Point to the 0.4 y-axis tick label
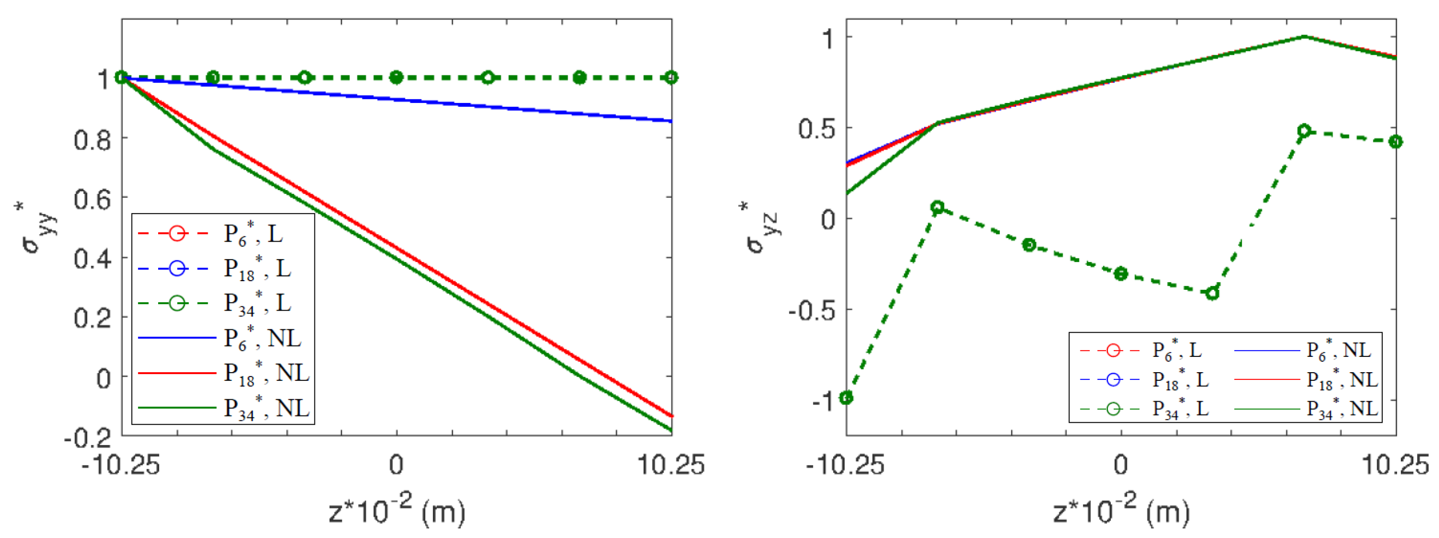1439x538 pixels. pyautogui.click(x=93, y=260)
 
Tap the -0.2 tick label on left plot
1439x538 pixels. pyautogui.click(x=88, y=438)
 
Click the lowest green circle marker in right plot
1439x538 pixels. pyautogui.click(x=846, y=398)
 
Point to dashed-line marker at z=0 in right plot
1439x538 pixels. pyautogui.click(x=1121, y=274)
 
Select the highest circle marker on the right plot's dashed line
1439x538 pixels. pyautogui.click(x=1304, y=131)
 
